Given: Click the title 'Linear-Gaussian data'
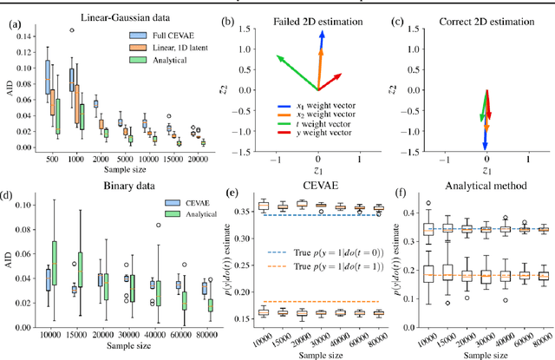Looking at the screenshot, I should (x=117, y=16).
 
